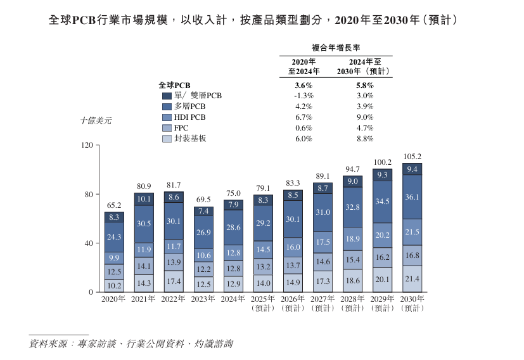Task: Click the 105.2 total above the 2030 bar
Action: (412, 157)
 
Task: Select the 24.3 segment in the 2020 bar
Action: (114, 237)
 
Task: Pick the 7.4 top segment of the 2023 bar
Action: (203, 211)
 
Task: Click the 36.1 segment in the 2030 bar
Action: (412, 197)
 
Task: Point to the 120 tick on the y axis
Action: (87, 145)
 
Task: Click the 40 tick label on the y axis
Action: (89, 243)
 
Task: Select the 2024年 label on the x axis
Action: (233, 299)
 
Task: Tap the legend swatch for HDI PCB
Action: (167, 117)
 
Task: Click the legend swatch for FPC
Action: (167, 127)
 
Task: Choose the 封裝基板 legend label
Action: (191, 138)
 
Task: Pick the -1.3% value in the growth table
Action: (304, 96)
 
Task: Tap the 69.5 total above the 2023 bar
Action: (203, 200)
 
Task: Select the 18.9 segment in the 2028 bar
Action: (352, 238)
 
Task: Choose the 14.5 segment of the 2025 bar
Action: (263, 250)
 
